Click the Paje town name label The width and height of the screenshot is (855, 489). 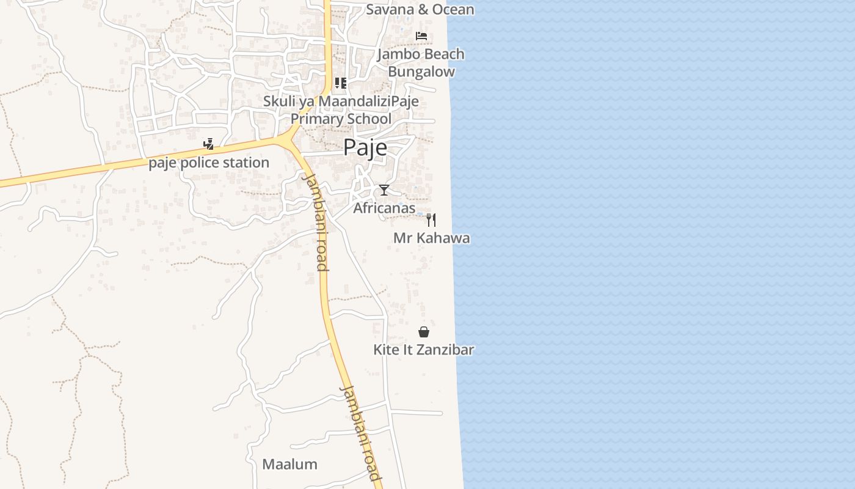pos(365,148)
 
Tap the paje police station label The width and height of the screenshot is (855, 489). pos(209,163)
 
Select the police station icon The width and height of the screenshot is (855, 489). pos(209,144)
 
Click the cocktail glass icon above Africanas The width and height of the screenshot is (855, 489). pos(384,190)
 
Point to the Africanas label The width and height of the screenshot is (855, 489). pos(384,208)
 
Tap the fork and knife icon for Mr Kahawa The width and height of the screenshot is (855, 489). pos(431,220)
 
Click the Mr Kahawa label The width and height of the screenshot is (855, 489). pos(431,238)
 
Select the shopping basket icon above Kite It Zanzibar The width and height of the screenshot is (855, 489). pos(424,332)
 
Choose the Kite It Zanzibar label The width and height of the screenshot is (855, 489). pos(424,350)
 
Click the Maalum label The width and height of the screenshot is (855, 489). pos(289,464)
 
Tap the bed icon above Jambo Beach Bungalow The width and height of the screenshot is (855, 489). pos(421,36)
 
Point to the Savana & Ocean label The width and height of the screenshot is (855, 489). pos(420,9)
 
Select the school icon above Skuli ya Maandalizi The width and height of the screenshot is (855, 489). pos(340,83)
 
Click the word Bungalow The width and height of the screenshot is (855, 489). pos(421,72)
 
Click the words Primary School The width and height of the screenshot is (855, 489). pos(341,119)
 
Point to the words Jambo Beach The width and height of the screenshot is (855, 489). pos(421,54)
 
